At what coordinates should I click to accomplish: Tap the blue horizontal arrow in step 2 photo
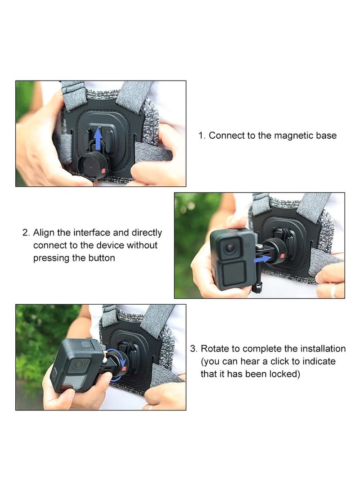click(264, 259)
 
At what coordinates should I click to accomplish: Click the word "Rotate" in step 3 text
click(215, 349)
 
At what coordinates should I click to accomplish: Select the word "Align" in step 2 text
click(44, 233)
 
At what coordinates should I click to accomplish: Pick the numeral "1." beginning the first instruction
click(202, 135)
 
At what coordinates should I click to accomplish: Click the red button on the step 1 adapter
click(103, 171)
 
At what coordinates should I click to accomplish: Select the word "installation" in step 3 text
click(322, 349)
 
